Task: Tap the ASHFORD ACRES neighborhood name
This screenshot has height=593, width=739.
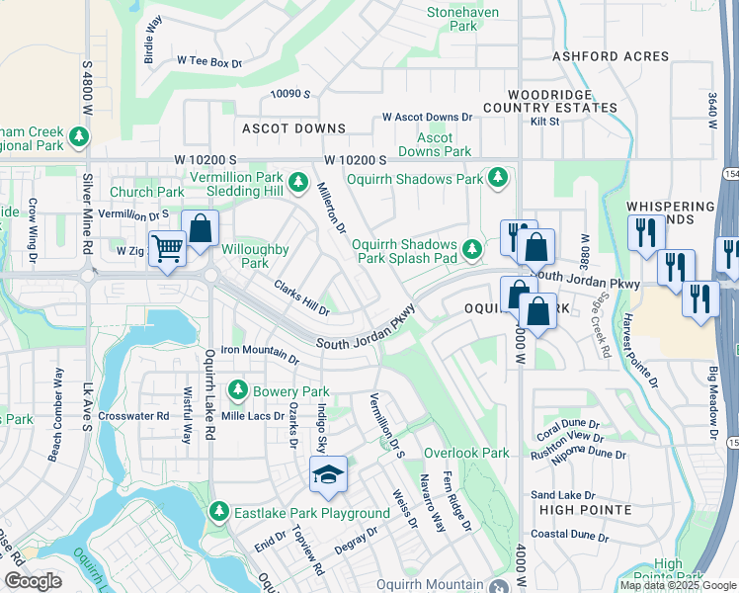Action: coord(610,57)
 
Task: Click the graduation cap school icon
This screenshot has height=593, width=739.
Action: coord(328,474)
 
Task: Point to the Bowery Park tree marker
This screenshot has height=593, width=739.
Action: coord(237,391)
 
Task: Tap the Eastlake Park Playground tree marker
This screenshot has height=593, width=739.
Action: coord(219,512)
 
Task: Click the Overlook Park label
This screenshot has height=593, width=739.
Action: coord(466,453)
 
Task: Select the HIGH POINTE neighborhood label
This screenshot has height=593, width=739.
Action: coord(585,509)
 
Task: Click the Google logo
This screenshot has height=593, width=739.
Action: coord(32,581)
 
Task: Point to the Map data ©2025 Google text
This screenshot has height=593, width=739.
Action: coord(678,585)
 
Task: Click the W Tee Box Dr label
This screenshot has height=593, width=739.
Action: coord(209,62)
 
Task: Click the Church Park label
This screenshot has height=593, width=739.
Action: coord(146,192)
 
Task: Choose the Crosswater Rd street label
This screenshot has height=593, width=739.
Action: coord(133,416)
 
